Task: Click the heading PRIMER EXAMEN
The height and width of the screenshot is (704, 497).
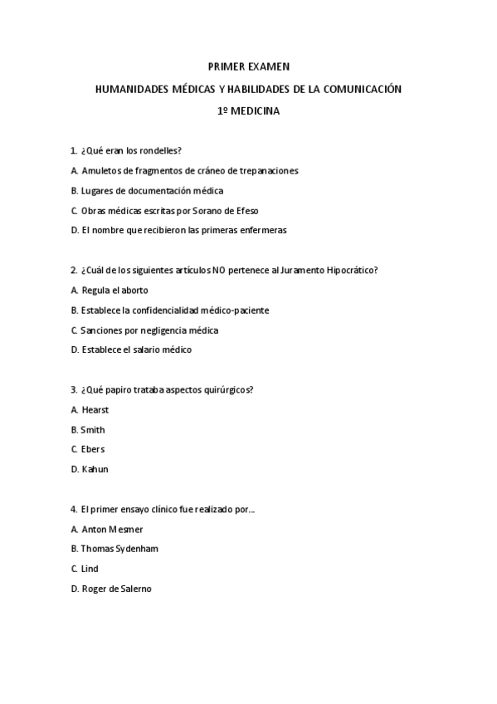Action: tap(248, 66)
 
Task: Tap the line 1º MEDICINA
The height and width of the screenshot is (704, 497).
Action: tap(248, 110)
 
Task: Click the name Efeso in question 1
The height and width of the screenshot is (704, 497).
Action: tap(269, 210)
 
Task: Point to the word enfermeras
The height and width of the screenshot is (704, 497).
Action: tap(261, 230)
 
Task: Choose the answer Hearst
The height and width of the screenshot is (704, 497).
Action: tap(95, 409)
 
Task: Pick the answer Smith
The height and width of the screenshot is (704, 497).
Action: tap(93, 429)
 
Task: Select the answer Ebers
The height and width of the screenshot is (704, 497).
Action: tap(93, 449)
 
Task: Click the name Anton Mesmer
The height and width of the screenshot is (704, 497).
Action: tap(112, 529)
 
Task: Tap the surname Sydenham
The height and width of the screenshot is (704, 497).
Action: tap(138, 549)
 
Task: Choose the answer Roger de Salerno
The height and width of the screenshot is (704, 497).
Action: tap(117, 589)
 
